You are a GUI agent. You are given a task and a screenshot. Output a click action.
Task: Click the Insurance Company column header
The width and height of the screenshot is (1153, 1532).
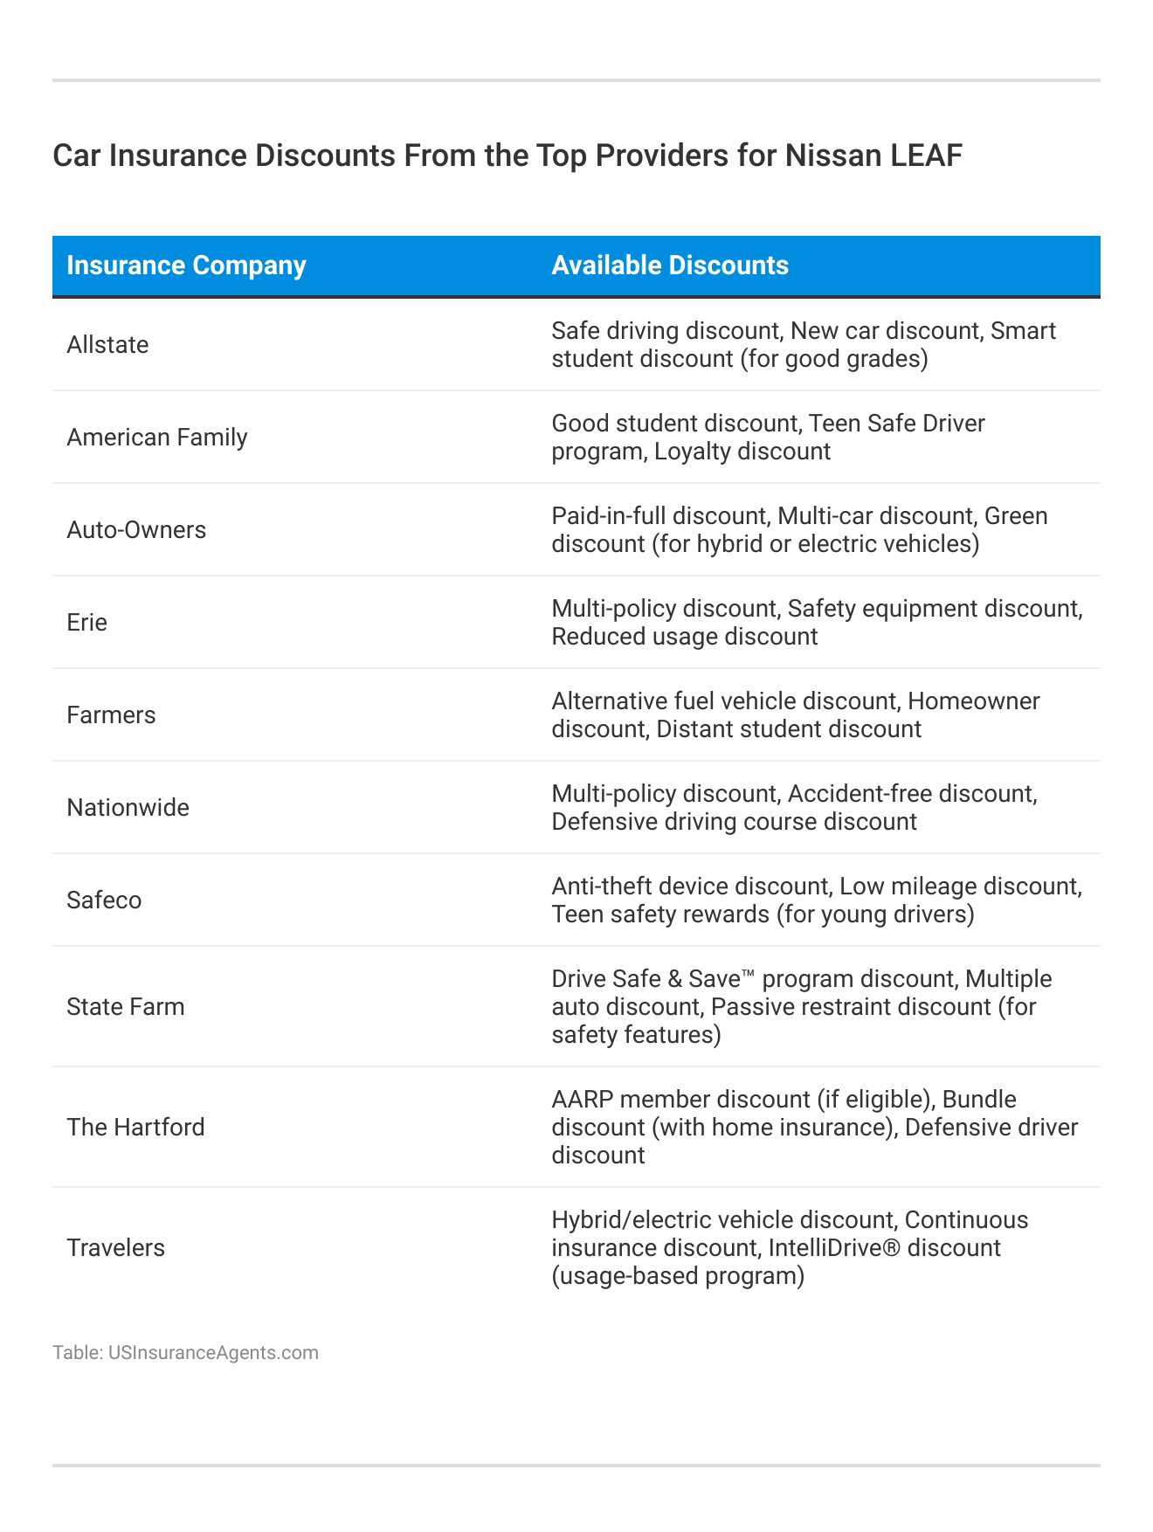click(x=186, y=266)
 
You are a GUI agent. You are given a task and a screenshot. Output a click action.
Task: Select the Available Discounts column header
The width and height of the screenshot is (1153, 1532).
click(x=670, y=266)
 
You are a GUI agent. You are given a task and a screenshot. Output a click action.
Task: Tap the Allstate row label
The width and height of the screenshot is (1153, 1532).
click(x=107, y=345)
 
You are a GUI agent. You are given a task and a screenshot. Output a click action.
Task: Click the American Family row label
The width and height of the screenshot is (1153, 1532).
click(x=157, y=438)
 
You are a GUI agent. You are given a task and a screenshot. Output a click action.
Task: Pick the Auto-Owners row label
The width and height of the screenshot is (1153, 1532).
click(x=136, y=530)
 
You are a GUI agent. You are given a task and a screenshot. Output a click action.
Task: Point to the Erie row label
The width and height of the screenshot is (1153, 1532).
click(x=87, y=623)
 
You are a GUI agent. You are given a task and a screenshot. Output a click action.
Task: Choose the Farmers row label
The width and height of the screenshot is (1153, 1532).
click(x=111, y=715)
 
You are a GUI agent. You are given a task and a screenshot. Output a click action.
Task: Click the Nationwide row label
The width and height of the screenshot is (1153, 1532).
click(x=128, y=808)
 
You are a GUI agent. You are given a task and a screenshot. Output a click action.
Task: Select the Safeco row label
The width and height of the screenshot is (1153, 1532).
click(x=104, y=901)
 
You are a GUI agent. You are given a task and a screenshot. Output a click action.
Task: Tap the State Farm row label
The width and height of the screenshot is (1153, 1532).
click(x=126, y=1007)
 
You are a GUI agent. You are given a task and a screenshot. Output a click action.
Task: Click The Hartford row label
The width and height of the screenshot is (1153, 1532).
click(x=135, y=1128)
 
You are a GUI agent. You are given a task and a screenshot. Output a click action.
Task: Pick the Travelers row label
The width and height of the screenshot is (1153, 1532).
click(x=115, y=1248)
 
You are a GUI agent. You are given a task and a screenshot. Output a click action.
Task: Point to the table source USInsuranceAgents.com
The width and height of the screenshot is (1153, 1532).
click(x=213, y=1353)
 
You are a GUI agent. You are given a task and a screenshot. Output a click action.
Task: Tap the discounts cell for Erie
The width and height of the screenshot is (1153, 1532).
click(x=817, y=623)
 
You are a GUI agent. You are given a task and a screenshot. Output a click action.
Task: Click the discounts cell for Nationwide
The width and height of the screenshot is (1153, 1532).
click(x=794, y=808)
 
